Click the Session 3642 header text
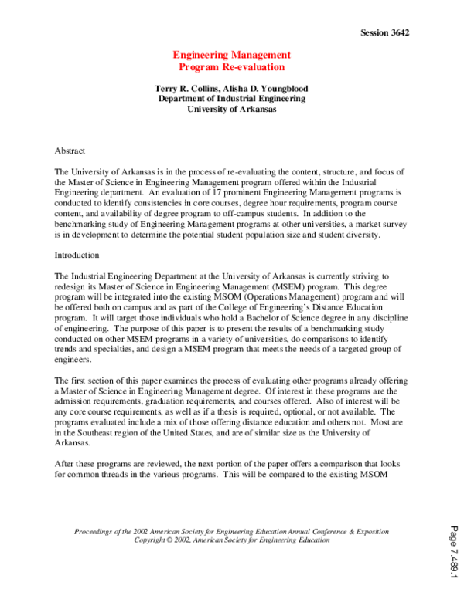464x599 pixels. click(384, 32)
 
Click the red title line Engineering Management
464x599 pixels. click(231, 55)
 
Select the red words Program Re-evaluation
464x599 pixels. click(231, 67)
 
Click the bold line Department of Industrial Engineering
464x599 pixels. click(231, 99)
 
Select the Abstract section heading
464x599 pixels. click(70, 151)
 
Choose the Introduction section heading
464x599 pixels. click(77, 254)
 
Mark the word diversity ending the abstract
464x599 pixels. click(360, 235)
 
